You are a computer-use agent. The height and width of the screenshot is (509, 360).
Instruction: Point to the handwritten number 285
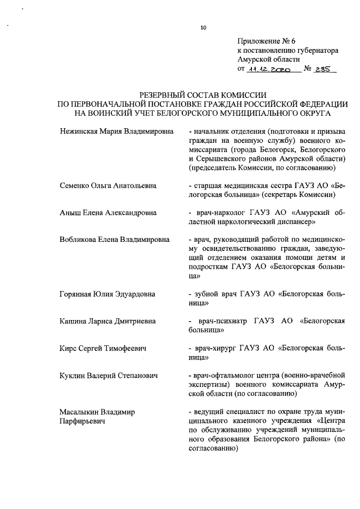coord(325,70)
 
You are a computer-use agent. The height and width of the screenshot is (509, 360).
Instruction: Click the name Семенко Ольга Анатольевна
coord(108,185)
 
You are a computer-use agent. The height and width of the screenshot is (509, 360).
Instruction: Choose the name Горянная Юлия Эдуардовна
coord(107,294)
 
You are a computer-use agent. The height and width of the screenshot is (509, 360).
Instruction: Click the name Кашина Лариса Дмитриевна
coord(108,321)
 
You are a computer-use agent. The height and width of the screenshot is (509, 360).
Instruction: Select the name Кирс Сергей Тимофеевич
coord(103,348)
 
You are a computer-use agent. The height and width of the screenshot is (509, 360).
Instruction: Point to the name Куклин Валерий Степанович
coord(108,375)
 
